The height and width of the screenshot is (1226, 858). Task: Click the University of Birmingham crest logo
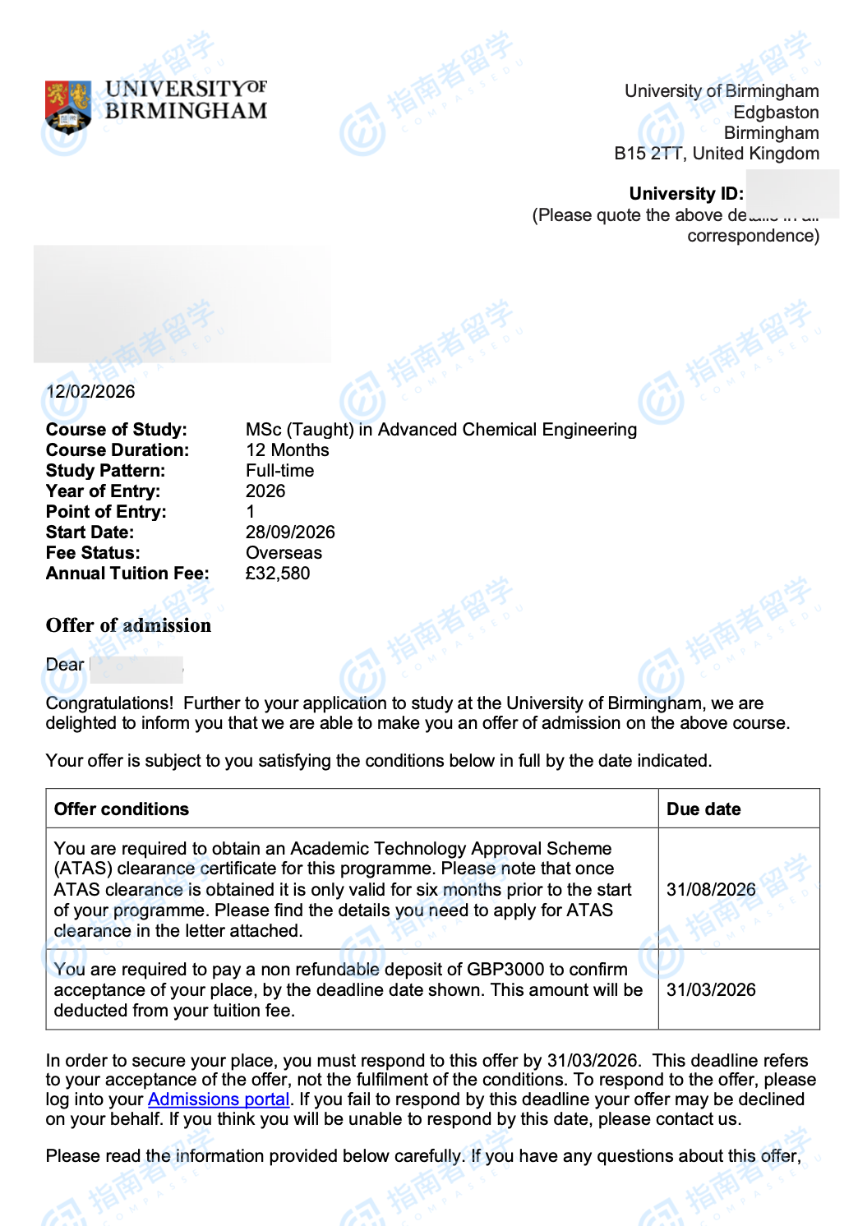point(67,106)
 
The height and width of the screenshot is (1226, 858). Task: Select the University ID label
point(685,194)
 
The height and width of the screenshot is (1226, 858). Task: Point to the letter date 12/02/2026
point(91,392)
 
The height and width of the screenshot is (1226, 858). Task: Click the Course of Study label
point(116,430)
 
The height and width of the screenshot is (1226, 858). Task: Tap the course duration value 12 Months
point(287,450)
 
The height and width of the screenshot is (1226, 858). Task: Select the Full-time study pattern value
point(279,471)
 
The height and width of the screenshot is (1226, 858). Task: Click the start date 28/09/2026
point(290,532)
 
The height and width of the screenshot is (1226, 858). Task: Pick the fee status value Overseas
point(284,553)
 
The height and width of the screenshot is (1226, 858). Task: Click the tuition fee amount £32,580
point(278,574)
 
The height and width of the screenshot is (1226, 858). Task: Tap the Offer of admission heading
point(128,625)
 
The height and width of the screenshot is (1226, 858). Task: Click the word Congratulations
point(109,703)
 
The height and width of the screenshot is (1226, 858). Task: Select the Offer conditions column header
point(122,809)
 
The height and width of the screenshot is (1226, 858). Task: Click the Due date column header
point(703,809)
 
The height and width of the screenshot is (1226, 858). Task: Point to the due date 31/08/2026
point(711,890)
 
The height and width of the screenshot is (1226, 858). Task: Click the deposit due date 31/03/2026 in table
point(711,990)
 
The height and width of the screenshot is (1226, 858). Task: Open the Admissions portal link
point(219,1099)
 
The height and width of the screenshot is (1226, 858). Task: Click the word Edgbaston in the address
point(776,113)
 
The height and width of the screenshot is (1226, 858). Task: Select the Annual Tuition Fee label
point(127,574)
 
